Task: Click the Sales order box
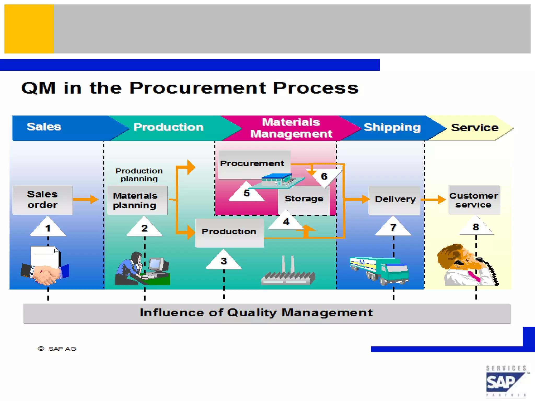pos(43,200)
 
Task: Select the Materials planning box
pos(137,200)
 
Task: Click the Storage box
pos(304,199)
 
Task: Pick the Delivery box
pos(394,200)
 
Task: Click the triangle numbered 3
pos(224,261)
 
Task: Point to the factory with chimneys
pos(288,273)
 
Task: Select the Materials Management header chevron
pos(290,128)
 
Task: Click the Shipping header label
pos(392,127)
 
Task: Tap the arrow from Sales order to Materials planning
pos(86,199)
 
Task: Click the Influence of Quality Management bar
pos(266,313)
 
